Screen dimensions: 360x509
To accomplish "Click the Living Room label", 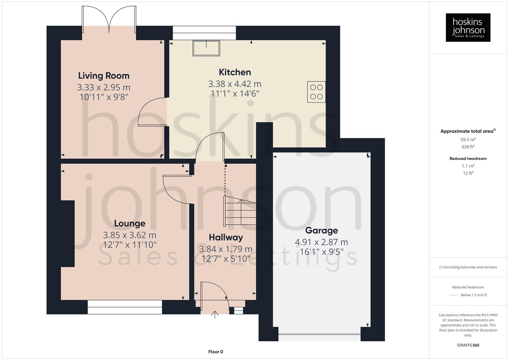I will (x=104, y=76).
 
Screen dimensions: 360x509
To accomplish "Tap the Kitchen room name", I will (x=235, y=72).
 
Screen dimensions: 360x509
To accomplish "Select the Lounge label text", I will (x=129, y=223).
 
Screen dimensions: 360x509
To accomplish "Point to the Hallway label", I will (x=226, y=237).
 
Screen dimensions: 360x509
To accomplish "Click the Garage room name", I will (x=321, y=230).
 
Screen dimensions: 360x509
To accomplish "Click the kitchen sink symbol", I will (x=206, y=48).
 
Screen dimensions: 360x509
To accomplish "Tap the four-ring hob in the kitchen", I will (x=316, y=92).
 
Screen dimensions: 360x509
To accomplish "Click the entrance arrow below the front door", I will (x=215, y=315).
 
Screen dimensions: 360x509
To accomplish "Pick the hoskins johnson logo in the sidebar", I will (x=468, y=27).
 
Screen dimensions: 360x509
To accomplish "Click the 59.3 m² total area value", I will (x=468, y=140).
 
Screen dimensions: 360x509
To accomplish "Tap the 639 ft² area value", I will (x=468, y=147).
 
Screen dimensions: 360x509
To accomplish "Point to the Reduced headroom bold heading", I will (x=468, y=159).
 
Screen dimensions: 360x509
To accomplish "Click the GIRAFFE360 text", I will (x=468, y=345).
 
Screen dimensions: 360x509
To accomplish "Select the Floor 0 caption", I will (x=215, y=352).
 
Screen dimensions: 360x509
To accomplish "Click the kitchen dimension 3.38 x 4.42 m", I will (x=235, y=84).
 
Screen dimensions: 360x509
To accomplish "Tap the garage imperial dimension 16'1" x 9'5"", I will (x=321, y=252).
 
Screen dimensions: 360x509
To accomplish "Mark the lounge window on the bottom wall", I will (x=125, y=307).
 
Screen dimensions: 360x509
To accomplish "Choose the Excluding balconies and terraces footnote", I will (x=468, y=267).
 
